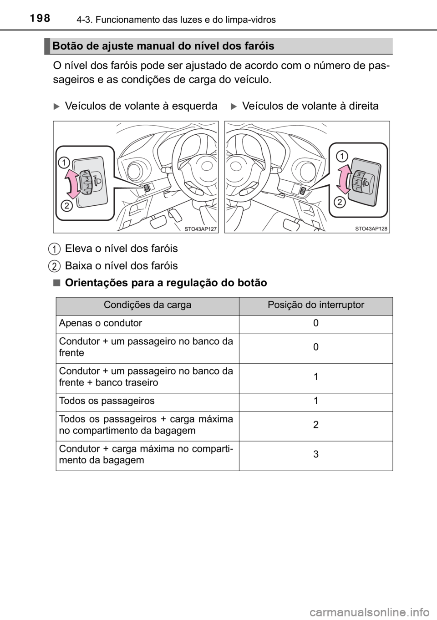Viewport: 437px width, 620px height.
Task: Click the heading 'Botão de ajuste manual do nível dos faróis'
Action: click(x=163, y=46)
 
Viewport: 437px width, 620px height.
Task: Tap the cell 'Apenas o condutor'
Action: click(x=100, y=323)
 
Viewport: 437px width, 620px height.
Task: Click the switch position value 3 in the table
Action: click(x=315, y=454)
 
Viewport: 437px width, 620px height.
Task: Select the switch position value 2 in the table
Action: click(x=315, y=425)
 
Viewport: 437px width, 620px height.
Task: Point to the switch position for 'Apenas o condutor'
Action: click(x=315, y=323)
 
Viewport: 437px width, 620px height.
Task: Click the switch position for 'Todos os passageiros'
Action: click(x=315, y=401)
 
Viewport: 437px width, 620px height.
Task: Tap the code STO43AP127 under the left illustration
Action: click(x=199, y=229)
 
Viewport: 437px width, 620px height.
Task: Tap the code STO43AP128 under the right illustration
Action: click(x=371, y=229)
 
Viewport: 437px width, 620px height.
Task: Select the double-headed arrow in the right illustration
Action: click(x=345, y=184)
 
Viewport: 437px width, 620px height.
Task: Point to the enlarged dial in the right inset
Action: click(x=360, y=182)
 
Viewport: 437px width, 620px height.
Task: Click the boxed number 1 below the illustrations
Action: click(x=54, y=249)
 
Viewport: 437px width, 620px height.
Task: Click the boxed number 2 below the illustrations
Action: click(x=54, y=265)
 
